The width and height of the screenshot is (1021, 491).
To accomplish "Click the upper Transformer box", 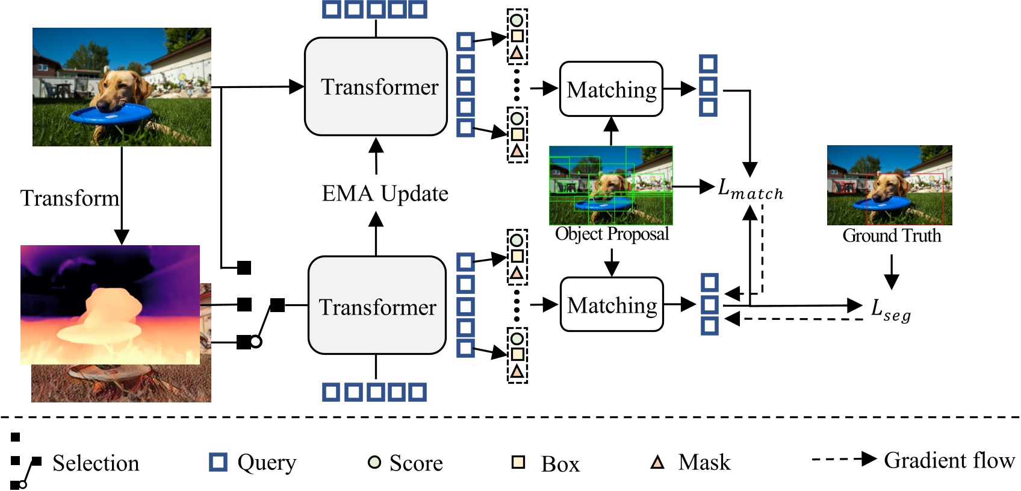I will pos(376,87).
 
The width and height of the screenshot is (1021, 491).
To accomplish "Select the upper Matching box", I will pos(611,89).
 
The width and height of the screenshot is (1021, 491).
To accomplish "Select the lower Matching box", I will pos(612,305).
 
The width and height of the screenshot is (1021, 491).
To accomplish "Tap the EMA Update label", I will pos(385,193).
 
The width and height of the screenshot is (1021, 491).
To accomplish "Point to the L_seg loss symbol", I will pos(890,310).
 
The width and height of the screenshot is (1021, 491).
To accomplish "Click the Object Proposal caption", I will pos(612,234).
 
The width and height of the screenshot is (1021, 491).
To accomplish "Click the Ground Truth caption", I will pos(892,236).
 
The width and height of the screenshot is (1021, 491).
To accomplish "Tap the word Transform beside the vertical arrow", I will pos(69,198).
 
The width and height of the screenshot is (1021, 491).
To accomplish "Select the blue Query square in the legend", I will pos(218,462).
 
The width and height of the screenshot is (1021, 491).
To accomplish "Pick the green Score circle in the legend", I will pos(374,462).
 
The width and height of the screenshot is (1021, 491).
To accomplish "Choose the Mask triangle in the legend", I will pos(657,462).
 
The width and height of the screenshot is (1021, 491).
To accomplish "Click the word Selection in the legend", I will pos(96,463).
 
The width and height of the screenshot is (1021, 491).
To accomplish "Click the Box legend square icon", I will pos(518,462).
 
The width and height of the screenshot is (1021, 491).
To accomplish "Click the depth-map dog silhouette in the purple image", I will pos(108,307).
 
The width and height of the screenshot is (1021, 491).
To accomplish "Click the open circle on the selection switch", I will pos(256,342).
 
